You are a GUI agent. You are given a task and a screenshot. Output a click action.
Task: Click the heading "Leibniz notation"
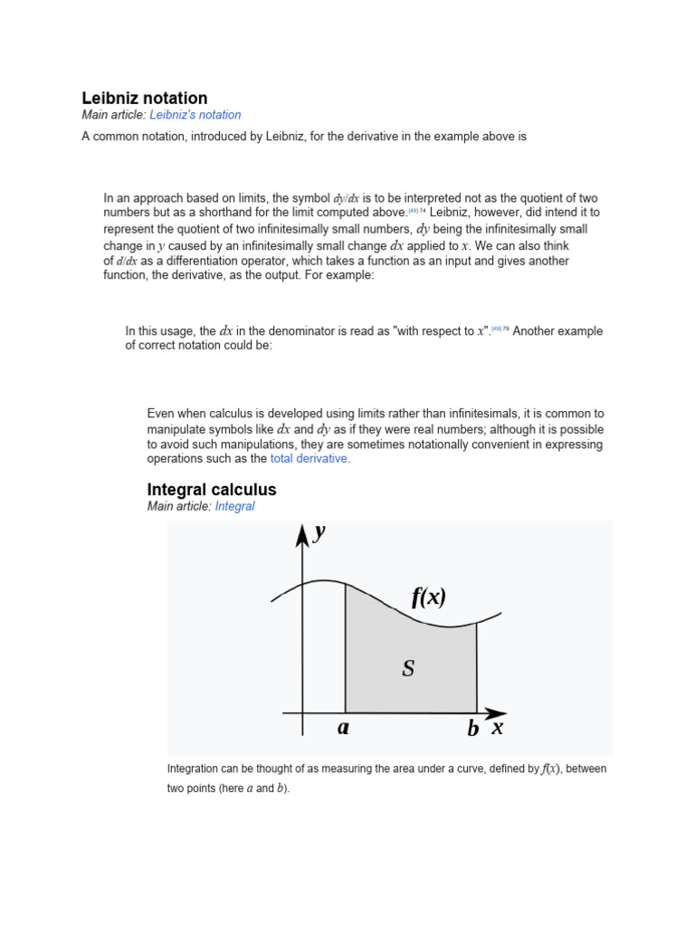[x=145, y=98]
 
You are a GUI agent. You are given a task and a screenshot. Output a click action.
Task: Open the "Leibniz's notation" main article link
[x=195, y=115]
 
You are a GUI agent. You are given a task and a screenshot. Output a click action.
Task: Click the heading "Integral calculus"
[x=212, y=490]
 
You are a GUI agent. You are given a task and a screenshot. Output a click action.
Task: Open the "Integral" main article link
[x=235, y=507]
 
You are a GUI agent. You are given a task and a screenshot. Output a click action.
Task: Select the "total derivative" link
[x=309, y=459]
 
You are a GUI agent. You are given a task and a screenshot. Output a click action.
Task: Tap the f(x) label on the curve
[x=429, y=597]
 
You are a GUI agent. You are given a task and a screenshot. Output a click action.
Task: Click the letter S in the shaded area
[x=409, y=669]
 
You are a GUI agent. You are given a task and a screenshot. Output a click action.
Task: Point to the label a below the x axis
[x=344, y=728]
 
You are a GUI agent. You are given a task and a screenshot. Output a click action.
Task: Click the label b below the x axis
[x=473, y=729]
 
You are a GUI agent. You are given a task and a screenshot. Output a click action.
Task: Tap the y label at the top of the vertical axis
[x=319, y=533]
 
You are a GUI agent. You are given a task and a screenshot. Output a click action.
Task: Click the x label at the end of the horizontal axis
[x=497, y=727]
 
